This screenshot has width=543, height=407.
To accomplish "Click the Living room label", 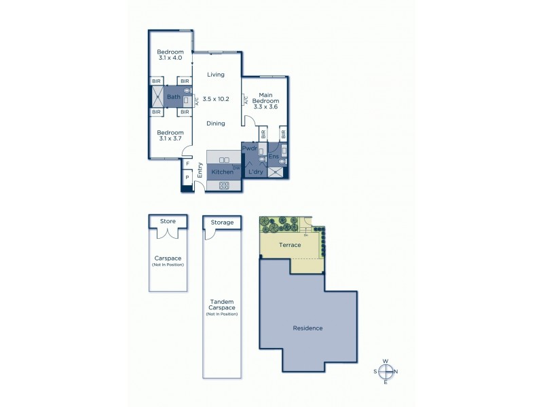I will click(216, 75).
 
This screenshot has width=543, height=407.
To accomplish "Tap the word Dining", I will click(216, 123).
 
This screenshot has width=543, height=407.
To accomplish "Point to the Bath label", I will click(172, 98).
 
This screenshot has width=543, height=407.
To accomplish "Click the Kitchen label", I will click(222, 172).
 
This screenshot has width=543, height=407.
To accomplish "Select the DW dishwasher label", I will click(236, 167).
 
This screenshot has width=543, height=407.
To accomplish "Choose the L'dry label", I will click(255, 172).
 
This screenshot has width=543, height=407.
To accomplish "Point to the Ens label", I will click(273, 157).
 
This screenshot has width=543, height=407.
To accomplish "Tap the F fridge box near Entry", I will click(187, 163).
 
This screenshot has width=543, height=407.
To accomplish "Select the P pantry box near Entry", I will click(187, 178).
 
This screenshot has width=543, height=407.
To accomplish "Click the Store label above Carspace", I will click(168, 221).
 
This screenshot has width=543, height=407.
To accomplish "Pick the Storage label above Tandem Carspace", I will click(222, 222).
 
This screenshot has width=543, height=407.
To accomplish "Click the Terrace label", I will click(290, 245).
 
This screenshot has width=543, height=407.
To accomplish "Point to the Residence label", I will click(307, 328).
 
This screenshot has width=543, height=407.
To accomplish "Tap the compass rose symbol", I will click(386, 371).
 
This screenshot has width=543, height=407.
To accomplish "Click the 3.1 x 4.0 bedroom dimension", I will click(170, 58).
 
